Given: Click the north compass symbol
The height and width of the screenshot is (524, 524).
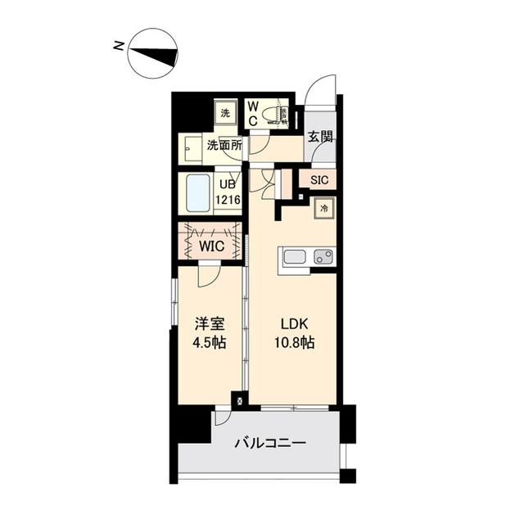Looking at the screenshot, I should [x=154, y=54].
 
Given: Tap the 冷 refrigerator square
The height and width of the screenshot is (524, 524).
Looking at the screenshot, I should [x=324, y=209].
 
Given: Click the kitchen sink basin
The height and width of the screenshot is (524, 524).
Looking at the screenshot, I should [x=294, y=257].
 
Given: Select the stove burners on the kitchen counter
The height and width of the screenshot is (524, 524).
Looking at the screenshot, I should [x=323, y=257].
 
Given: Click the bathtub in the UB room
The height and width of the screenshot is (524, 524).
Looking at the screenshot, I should [x=196, y=194].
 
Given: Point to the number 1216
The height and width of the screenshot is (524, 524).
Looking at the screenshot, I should [x=228, y=199].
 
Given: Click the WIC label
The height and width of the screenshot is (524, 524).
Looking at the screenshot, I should [x=210, y=245].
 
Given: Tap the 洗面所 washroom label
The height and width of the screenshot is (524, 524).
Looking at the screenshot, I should [x=224, y=146].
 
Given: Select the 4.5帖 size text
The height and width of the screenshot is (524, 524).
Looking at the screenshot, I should [x=210, y=343].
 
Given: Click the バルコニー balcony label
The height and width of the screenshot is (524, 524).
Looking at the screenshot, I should [x=270, y=443].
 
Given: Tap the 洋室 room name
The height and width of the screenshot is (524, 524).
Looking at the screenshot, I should [x=210, y=324].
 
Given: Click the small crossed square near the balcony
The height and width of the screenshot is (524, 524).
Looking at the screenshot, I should [x=240, y=401].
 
